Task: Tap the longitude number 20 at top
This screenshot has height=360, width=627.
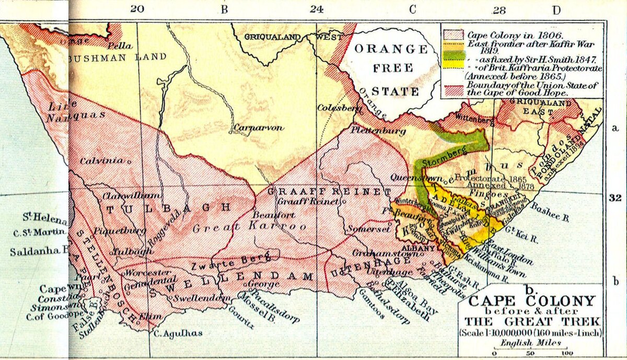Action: click(137, 9)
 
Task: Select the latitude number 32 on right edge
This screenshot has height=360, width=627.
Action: click(614, 198)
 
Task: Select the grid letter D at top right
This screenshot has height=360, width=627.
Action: click(556, 9)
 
